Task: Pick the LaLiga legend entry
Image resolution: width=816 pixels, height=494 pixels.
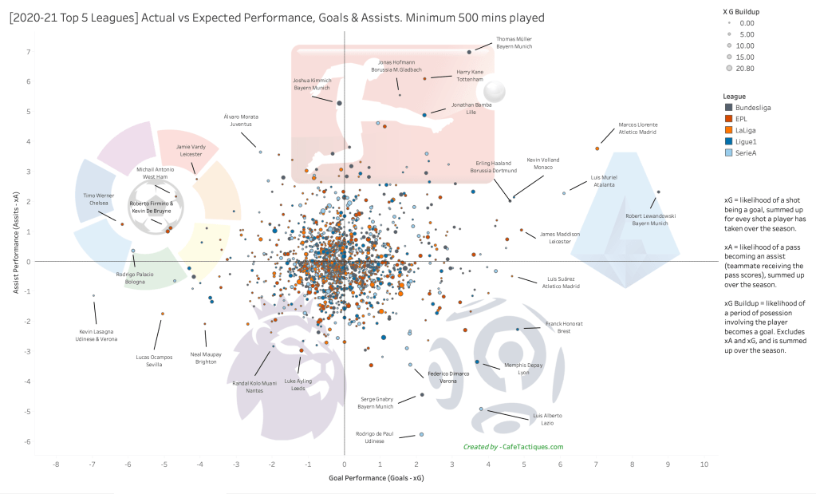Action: (x=742, y=130)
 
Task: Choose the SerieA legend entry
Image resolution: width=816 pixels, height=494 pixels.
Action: (x=742, y=153)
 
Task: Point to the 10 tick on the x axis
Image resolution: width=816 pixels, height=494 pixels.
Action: (x=704, y=464)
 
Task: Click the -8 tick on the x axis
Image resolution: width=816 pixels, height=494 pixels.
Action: (x=56, y=464)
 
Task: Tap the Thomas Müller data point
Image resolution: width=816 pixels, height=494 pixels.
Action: (x=469, y=52)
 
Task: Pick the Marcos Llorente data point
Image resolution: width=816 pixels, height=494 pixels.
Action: (x=597, y=148)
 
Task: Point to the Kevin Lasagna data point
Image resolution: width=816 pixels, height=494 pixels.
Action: (x=93, y=296)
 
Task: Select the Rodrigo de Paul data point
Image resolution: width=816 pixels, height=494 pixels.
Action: (x=421, y=434)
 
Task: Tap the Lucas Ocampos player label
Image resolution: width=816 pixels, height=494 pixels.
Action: (x=154, y=360)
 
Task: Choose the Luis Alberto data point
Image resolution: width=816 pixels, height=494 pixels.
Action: (x=481, y=409)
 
